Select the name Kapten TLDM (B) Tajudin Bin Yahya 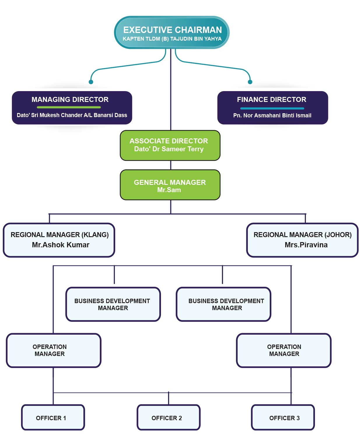[172, 39]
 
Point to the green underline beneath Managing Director [69, 107]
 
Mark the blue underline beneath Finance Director [272, 108]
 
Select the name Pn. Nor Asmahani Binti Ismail [272, 116]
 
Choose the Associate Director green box [170, 145]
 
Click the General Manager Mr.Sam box [170, 185]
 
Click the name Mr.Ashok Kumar [61, 245]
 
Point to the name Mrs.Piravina [306, 245]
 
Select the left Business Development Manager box [113, 304]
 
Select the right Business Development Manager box [223, 304]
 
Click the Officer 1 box [53, 418]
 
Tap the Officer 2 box [168, 418]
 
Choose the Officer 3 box [283, 418]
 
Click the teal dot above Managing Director [91, 82]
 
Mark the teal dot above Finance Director [250, 82]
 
